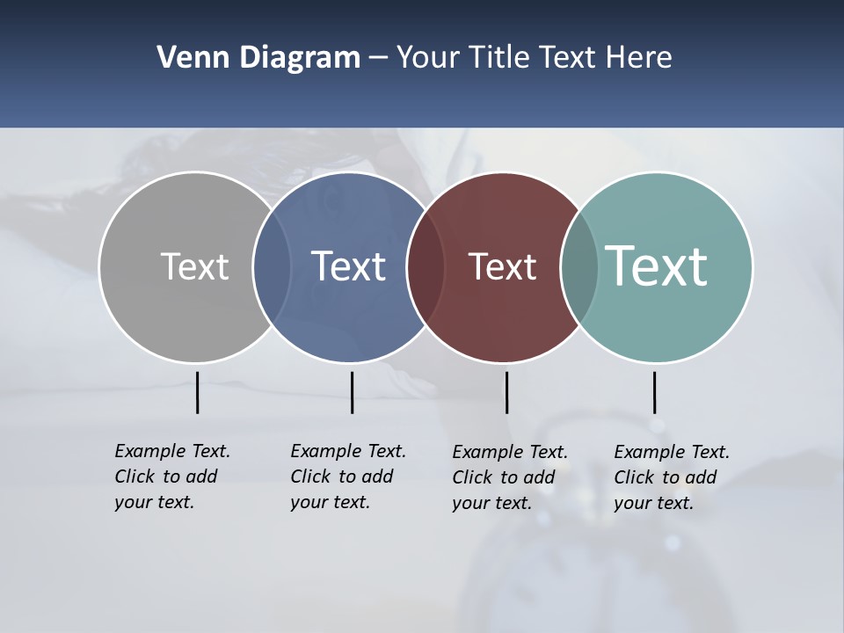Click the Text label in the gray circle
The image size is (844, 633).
click(194, 266)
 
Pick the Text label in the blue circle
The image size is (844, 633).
click(348, 266)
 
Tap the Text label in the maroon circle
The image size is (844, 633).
click(502, 266)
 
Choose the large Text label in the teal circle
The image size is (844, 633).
click(657, 266)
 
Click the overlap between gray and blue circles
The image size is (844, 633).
click(272, 266)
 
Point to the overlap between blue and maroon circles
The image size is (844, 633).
click(426, 266)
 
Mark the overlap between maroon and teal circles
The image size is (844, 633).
click(579, 266)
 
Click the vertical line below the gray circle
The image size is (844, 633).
click(197, 392)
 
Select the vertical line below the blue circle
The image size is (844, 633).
click(352, 392)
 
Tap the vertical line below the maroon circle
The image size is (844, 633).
click(506, 392)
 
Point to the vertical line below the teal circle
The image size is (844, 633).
click(654, 392)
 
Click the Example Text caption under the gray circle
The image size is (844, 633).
click(172, 477)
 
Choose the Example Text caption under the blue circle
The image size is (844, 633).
click(348, 477)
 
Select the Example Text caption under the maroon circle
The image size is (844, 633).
click(510, 477)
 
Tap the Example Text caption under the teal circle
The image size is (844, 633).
click(672, 477)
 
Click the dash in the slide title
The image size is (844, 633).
click(378, 58)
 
